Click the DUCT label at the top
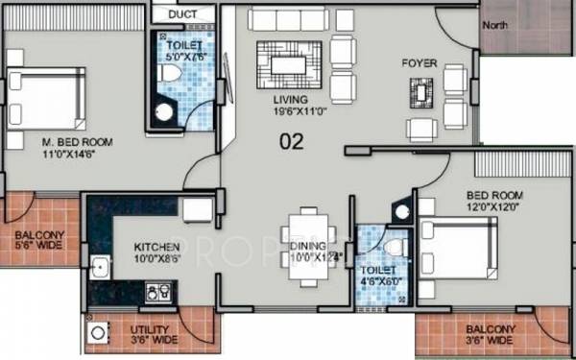181,15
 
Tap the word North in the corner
495,24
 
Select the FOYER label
420,63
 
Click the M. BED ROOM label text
77,143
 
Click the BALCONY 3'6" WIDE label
488,334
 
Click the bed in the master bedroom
48,94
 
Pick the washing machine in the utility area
97,334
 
